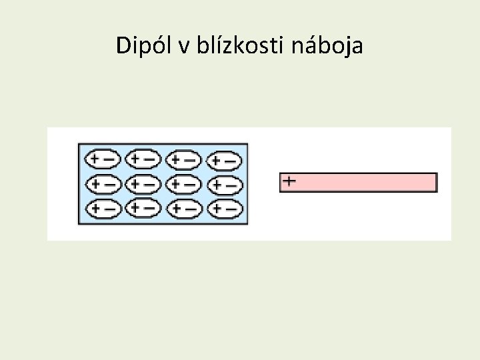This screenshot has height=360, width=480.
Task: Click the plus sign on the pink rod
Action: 289,181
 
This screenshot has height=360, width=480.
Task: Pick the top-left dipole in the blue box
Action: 103,159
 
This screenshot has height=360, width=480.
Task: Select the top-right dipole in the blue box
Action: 224,160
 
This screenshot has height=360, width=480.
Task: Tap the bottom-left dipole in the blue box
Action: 103,208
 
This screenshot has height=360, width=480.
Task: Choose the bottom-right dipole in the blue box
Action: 224,209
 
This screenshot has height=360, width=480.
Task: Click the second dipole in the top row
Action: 143,159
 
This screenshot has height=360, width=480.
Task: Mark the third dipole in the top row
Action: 183,160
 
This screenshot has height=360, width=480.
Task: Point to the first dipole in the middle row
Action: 103,183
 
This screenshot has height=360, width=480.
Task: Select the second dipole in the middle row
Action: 143,183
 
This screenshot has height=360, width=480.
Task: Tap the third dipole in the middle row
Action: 183,183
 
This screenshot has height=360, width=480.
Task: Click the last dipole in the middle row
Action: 224,184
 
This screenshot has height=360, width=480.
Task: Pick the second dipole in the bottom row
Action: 143,208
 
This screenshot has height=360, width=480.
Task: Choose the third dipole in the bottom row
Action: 183,209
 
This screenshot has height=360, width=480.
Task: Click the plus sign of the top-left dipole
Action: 95,159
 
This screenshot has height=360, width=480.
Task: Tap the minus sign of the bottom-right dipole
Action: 231,209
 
